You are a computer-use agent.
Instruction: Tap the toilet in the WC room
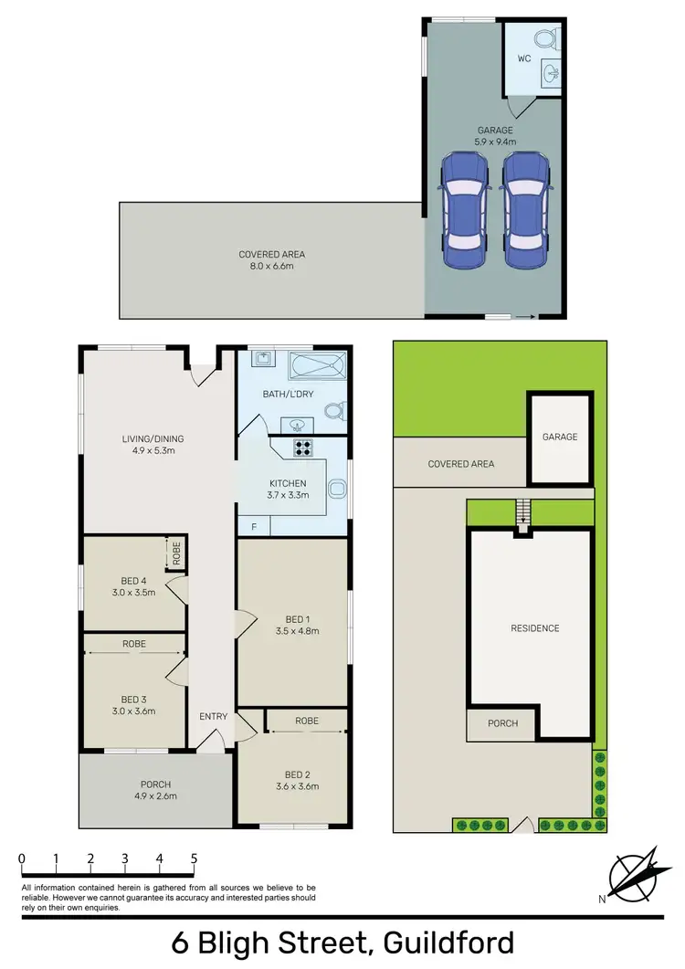[546, 39]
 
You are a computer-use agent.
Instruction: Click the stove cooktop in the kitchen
[302, 448]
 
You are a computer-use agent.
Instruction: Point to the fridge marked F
[253, 527]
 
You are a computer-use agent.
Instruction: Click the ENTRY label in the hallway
[213, 716]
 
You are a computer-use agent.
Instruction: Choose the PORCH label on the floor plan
[154, 784]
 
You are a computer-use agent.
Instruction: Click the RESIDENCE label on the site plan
[534, 628]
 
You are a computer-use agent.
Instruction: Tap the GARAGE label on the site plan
[560, 437]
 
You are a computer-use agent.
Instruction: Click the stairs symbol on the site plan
[522, 511]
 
